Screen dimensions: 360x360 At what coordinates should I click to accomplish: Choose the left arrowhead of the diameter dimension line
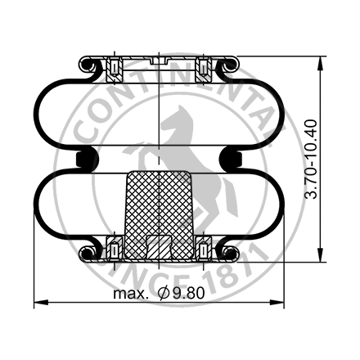pyautogui.click(x=37, y=304)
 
